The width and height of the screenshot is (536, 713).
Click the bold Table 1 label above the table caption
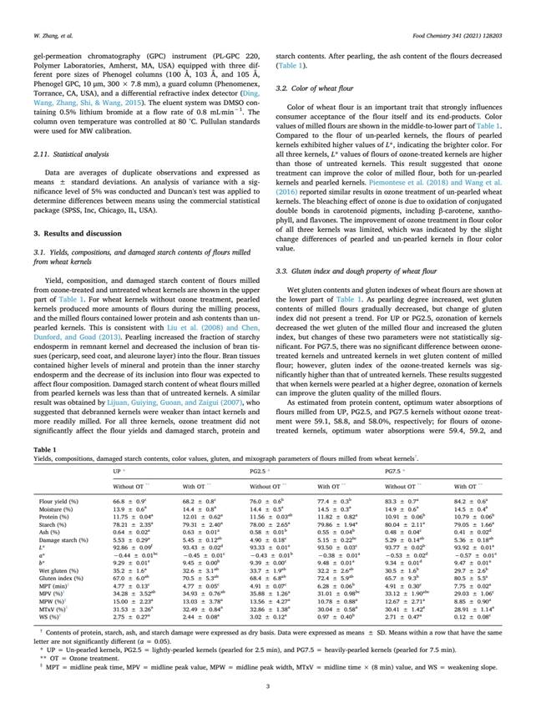click(43, 447)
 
